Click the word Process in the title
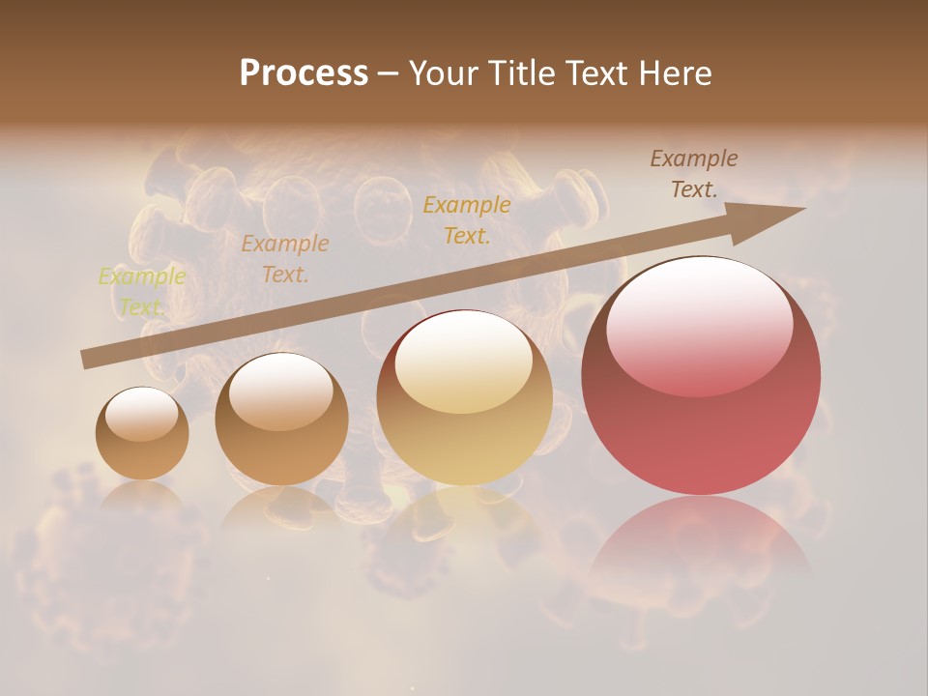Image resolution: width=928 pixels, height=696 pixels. tap(304, 73)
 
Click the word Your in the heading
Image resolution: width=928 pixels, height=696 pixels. tap(446, 73)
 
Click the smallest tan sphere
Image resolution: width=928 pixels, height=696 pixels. tap(142, 434)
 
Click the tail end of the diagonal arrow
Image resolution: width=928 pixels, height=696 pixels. tap(87, 359)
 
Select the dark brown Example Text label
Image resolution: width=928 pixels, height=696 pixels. tap(693, 174)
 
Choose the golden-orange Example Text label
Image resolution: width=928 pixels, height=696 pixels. tap(467, 219)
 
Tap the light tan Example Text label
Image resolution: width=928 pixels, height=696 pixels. tap(285, 259)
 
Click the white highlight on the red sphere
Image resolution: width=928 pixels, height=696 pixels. tap(699, 324)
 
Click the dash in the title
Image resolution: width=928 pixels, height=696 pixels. tap(388, 73)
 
